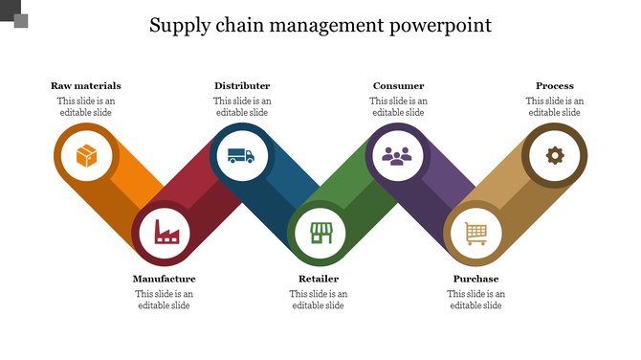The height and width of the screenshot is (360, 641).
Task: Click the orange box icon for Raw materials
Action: coord(86,154)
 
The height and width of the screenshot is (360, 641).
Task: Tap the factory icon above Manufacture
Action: coord(166,233)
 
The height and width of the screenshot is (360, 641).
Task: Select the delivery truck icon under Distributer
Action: coord(241,154)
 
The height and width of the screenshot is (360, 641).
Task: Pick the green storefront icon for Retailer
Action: coord(320,233)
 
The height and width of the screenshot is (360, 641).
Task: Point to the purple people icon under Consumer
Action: coord(397,154)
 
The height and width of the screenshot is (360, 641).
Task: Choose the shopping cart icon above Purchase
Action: coord(475,233)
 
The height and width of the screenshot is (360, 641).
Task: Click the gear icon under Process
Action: coord(554,154)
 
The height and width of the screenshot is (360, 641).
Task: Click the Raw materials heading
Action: coord(86,86)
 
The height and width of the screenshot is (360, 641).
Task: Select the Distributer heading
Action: coord(242,86)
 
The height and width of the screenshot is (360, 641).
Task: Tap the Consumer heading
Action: coord(398,86)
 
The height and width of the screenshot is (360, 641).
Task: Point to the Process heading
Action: coord(555,86)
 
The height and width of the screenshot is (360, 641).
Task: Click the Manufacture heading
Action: coord(164,280)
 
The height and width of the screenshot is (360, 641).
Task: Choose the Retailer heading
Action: coord(319,280)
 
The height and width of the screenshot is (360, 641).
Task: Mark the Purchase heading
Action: coord(475,280)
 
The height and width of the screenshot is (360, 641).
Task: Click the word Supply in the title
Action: coord(180,26)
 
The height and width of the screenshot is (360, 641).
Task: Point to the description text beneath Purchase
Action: coord(475,300)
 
